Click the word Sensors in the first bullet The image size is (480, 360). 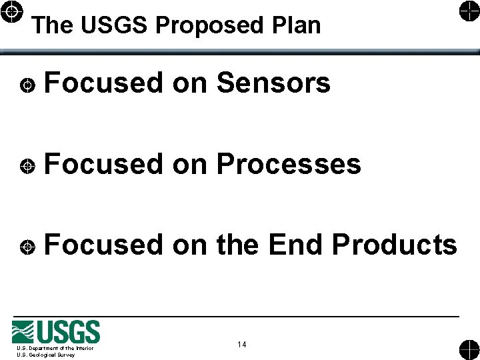point(273,83)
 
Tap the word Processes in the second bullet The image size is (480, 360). point(289,164)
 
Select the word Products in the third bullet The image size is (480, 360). point(395,245)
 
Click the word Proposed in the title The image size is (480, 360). point(210,25)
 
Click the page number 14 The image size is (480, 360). point(241,345)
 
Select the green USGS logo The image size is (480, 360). point(56,331)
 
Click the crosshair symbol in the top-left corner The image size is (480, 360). point(13,13)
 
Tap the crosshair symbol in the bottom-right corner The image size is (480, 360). point(468,349)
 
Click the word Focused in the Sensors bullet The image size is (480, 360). point(103,83)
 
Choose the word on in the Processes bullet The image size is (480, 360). point(189,164)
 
